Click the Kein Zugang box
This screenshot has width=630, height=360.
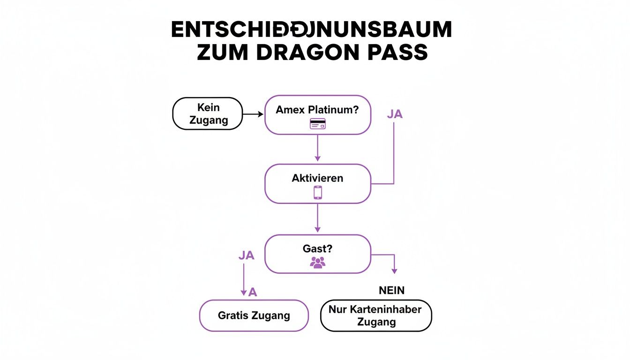tap(208, 114)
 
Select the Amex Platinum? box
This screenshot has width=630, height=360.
tap(318, 115)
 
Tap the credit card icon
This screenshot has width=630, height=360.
tap(318, 124)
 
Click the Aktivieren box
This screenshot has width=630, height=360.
tap(318, 184)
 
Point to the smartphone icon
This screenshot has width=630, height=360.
tap(318, 193)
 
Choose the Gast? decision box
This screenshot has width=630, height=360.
tap(318, 254)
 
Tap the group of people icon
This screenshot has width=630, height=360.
tap(318, 262)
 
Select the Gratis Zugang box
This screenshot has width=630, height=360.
tap(254, 316)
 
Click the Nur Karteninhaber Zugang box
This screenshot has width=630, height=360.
tap(375, 315)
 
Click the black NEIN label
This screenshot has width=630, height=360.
tap(391, 291)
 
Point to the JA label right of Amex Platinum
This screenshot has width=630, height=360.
tap(395, 114)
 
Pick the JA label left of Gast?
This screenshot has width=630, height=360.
tap(246, 255)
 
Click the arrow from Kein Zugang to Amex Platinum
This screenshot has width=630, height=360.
tap(254, 114)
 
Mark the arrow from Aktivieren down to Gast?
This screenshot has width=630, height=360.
tap(318, 218)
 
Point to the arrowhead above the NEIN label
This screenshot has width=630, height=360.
tap(394, 270)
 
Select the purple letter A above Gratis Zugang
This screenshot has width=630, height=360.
tap(253, 292)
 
